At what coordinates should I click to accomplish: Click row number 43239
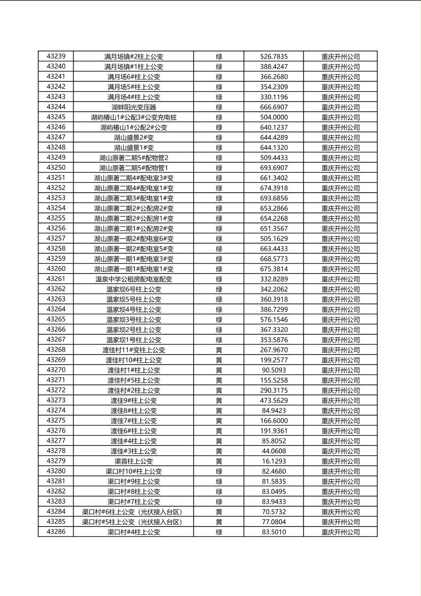(x=56, y=56)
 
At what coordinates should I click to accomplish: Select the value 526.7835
(x=274, y=57)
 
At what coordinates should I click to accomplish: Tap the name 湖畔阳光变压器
(x=134, y=107)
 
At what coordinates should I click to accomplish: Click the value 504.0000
(x=274, y=117)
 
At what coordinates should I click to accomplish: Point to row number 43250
(x=56, y=168)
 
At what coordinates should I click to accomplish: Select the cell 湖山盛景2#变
(x=134, y=137)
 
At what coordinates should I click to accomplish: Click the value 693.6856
(x=274, y=198)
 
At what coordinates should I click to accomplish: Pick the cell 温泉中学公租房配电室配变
(x=134, y=279)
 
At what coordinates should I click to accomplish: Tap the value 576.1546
(x=274, y=319)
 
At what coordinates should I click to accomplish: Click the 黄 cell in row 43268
(x=219, y=350)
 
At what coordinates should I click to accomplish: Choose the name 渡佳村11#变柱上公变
(x=134, y=350)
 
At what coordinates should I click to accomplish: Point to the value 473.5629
(x=274, y=400)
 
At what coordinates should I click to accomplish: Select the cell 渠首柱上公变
(x=134, y=461)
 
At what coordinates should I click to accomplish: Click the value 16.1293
(x=274, y=461)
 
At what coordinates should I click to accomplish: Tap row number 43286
(x=56, y=532)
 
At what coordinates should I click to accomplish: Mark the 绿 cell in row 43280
(x=219, y=471)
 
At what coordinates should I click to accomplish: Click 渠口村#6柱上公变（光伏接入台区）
(x=132, y=512)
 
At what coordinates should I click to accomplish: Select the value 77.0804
(x=274, y=522)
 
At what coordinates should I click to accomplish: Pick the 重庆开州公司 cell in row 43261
(x=340, y=279)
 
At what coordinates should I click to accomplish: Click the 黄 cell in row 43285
(x=219, y=522)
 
